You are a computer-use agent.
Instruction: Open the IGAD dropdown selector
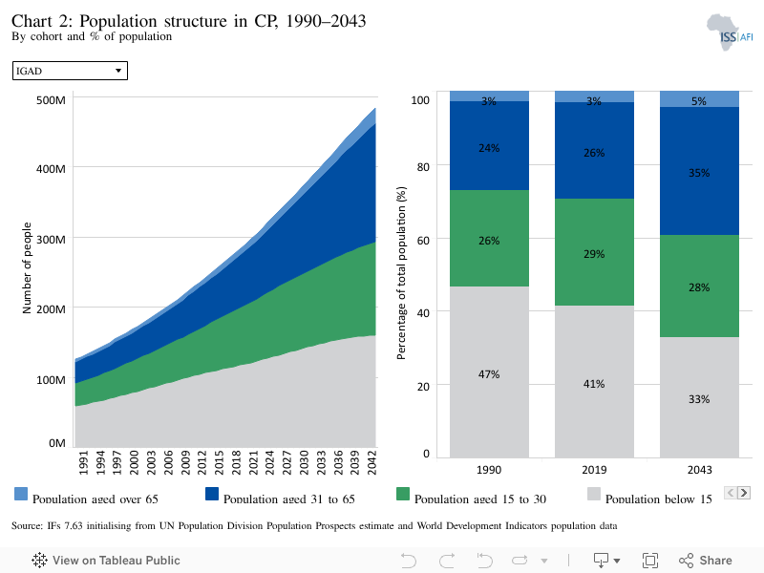(x=70, y=71)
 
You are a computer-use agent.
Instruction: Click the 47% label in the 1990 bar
(x=489, y=374)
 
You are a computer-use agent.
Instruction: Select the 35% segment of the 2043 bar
(x=699, y=171)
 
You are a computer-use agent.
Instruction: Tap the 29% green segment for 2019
(x=594, y=252)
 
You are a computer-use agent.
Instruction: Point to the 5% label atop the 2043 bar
(x=699, y=101)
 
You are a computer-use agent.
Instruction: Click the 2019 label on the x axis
(x=594, y=470)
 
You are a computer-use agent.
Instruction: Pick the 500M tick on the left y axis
(x=51, y=100)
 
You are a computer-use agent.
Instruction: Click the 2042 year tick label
(x=371, y=462)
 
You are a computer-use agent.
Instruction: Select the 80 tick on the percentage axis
(x=423, y=166)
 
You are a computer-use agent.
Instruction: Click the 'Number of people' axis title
(x=27, y=268)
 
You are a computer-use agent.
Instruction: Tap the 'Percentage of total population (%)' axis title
(x=401, y=273)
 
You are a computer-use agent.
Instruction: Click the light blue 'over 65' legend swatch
(x=21, y=494)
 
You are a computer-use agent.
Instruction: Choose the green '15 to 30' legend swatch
(x=403, y=494)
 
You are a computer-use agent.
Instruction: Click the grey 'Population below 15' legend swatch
(x=594, y=494)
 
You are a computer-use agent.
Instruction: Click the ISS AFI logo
(x=730, y=32)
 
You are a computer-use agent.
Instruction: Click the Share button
(x=706, y=561)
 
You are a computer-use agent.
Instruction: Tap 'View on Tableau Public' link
(x=106, y=561)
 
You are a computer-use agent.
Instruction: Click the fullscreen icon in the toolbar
(x=650, y=561)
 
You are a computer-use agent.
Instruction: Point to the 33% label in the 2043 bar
(x=699, y=399)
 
